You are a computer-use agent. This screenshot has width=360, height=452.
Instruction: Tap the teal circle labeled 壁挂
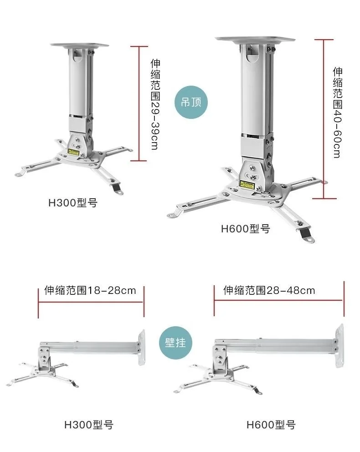point(175,342)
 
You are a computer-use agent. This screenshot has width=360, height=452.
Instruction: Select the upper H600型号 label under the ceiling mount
point(246,228)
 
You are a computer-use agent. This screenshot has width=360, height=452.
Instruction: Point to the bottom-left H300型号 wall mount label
point(88,425)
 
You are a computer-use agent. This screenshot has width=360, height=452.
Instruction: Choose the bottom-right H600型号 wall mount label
point(271,425)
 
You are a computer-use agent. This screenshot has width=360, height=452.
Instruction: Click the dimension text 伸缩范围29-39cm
point(155,105)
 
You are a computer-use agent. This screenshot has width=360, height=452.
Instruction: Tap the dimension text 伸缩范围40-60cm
point(337,113)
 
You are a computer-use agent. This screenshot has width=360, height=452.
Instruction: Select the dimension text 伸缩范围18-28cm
point(90,290)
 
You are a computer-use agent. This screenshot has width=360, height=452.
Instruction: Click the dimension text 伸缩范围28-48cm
point(269,290)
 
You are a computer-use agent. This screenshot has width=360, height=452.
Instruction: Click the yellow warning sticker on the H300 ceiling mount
point(73,151)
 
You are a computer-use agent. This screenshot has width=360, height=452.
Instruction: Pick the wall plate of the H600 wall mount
point(339,345)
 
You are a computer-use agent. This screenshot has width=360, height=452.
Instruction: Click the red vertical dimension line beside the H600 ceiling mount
point(324,118)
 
